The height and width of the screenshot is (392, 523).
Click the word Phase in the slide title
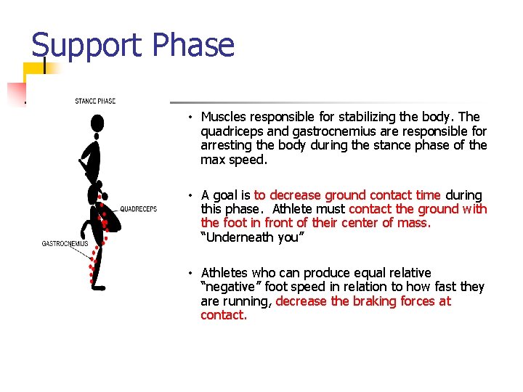point(193,46)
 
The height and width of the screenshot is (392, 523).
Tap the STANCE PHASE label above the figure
point(95,101)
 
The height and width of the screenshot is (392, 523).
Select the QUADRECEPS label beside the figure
point(138,209)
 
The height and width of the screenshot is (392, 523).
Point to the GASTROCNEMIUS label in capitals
point(65,244)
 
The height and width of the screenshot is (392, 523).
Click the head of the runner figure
point(97,123)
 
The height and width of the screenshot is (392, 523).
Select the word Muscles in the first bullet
point(224,117)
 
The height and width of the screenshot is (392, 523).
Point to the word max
point(212,160)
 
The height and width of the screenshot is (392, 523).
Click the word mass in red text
point(414,223)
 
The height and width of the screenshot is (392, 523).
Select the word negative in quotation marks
point(231,287)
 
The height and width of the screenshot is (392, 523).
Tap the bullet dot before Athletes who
point(188,273)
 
